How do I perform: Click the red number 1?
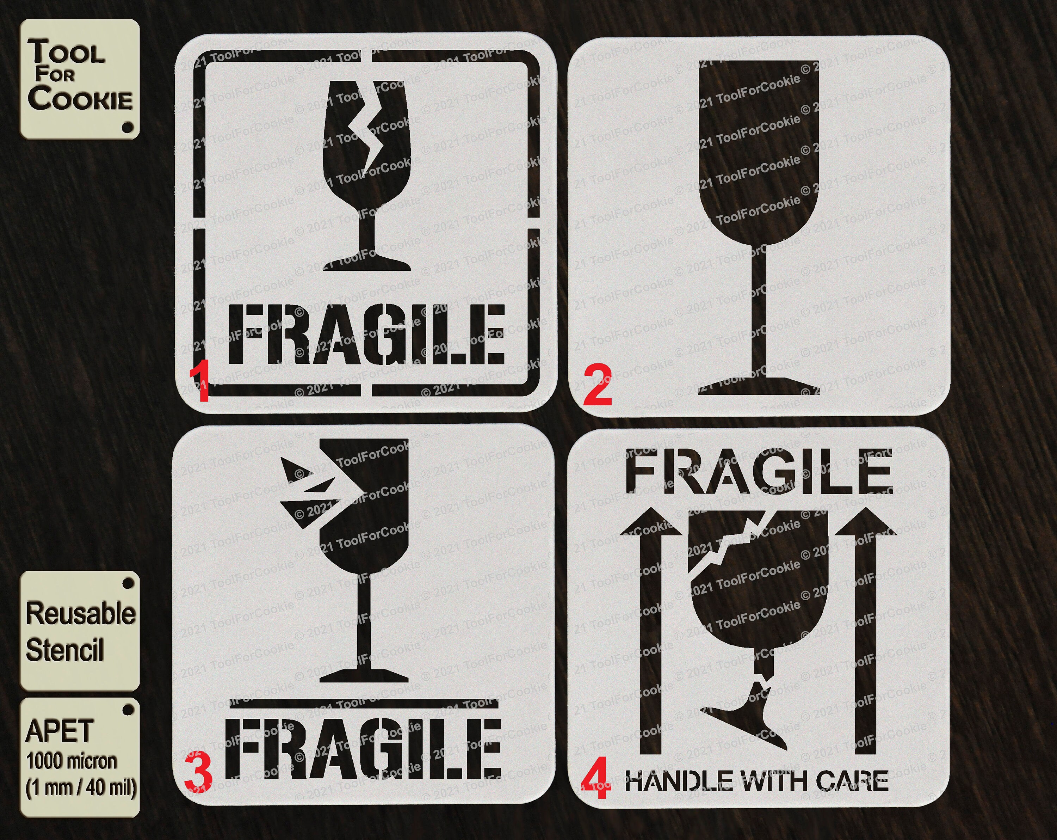(199, 381)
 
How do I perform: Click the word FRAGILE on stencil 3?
(363, 749)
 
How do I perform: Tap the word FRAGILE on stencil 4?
(759, 473)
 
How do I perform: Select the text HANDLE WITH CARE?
(756, 781)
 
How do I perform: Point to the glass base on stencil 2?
(759, 386)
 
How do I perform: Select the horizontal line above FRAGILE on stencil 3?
(363, 704)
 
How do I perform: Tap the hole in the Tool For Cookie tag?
(128, 128)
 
